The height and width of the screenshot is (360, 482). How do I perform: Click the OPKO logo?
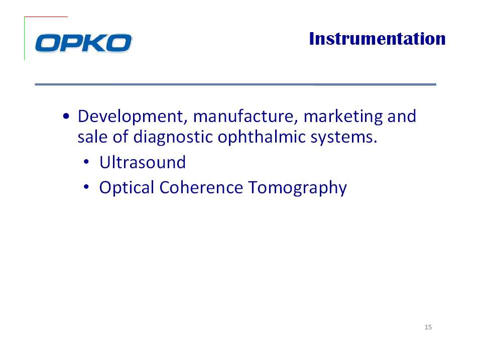point(84,43)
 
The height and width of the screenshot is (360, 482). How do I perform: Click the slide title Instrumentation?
point(377,39)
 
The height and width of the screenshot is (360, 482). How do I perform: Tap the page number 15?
point(428,327)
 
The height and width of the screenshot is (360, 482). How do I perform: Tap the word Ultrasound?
point(143,162)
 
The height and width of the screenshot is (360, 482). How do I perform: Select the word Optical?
point(127,188)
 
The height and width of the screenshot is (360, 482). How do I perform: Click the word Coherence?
point(201,187)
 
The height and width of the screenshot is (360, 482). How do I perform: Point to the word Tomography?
point(298,188)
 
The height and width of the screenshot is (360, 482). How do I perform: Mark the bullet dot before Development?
point(66,116)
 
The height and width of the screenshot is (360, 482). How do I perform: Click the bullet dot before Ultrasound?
point(86,162)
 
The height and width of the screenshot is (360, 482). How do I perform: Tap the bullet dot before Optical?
point(86,187)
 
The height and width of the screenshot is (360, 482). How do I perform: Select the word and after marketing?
point(402,116)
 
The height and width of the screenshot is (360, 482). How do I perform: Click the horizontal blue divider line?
point(235,84)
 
